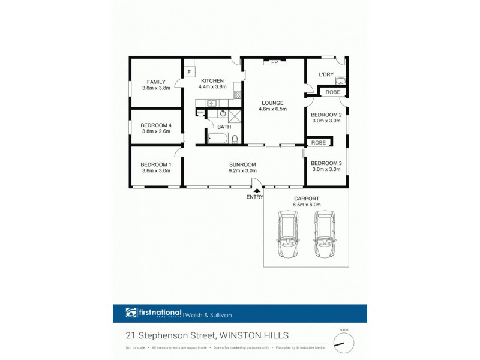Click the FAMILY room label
click(x=156, y=82)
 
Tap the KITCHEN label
click(x=212, y=80)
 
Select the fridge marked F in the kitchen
click(x=189, y=73)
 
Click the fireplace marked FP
click(x=274, y=62)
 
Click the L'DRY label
click(x=326, y=74)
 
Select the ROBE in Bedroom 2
click(x=333, y=92)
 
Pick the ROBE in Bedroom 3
click(x=319, y=143)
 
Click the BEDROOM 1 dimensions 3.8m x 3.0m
click(x=156, y=170)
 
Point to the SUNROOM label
click(x=242, y=164)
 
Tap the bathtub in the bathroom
click(x=217, y=139)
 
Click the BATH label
click(x=224, y=127)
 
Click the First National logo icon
click(x=131, y=313)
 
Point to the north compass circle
click(x=344, y=343)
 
